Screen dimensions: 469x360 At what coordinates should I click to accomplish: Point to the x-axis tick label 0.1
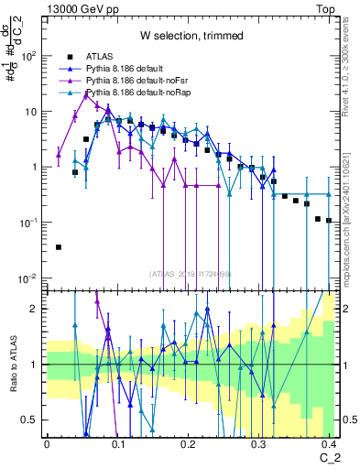click(117, 443)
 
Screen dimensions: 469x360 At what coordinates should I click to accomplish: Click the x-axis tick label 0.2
click(189, 443)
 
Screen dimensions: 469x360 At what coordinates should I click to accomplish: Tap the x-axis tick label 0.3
click(259, 443)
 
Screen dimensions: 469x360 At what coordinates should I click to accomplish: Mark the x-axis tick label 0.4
click(330, 443)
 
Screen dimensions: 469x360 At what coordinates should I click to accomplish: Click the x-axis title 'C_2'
click(329, 456)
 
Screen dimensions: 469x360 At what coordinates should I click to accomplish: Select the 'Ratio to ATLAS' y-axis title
click(12, 365)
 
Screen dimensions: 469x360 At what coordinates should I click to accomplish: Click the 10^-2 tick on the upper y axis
click(28, 278)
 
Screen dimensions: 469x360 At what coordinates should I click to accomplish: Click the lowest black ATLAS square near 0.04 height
click(59, 246)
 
